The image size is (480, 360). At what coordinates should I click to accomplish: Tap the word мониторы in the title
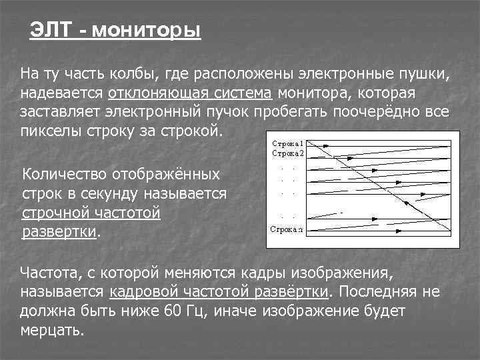click(x=145, y=31)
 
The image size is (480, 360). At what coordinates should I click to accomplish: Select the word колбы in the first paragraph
click(x=139, y=72)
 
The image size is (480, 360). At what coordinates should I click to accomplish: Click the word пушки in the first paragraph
click(x=427, y=72)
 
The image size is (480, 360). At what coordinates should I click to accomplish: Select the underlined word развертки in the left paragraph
click(x=59, y=233)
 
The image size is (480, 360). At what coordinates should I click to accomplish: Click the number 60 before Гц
click(x=171, y=311)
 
